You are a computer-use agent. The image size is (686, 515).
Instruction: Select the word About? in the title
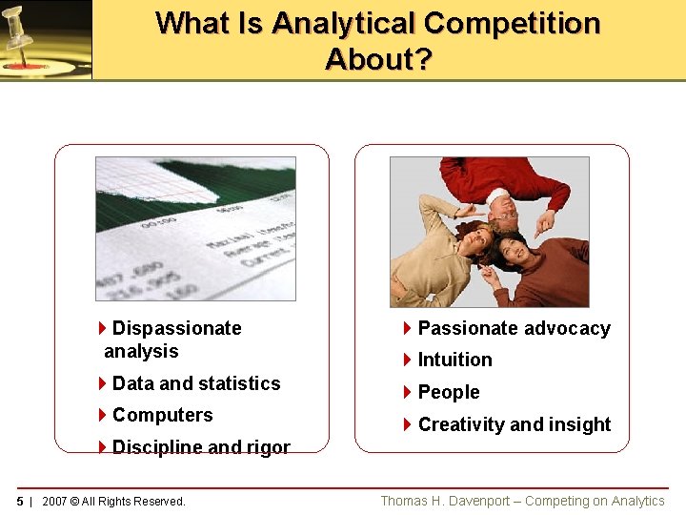pyautogui.click(x=378, y=59)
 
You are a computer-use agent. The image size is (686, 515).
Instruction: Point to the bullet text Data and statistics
pyautogui.click(x=196, y=383)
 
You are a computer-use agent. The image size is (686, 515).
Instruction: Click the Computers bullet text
pyautogui.click(x=162, y=415)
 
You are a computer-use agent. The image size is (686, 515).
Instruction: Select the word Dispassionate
pyautogui.click(x=176, y=328)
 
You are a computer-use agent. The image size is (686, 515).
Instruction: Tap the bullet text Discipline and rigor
pyautogui.click(x=201, y=447)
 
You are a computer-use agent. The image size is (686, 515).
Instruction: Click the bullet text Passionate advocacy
pyautogui.click(x=514, y=328)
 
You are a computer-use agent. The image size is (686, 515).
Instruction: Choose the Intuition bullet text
pyautogui.click(x=454, y=360)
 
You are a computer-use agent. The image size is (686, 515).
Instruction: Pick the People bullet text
pyautogui.click(x=448, y=392)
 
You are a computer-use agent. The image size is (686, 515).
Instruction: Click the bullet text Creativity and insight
pyautogui.click(x=514, y=424)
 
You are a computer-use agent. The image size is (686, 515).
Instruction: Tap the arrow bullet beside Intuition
pyautogui.click(x=408, y=360)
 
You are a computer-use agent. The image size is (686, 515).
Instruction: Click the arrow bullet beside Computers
pyautogui.click(x=102, y=415)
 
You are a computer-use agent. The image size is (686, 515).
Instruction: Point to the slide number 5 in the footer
pyautogui.click(x=20, y=502)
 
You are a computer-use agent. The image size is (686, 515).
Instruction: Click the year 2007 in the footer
pyautogui.click(x=55, y=502)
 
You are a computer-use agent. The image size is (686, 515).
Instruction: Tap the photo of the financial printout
pyautogui.click(x=195, y=229)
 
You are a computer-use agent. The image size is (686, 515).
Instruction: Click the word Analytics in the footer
pyautogui.click(x=636, y=501)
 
